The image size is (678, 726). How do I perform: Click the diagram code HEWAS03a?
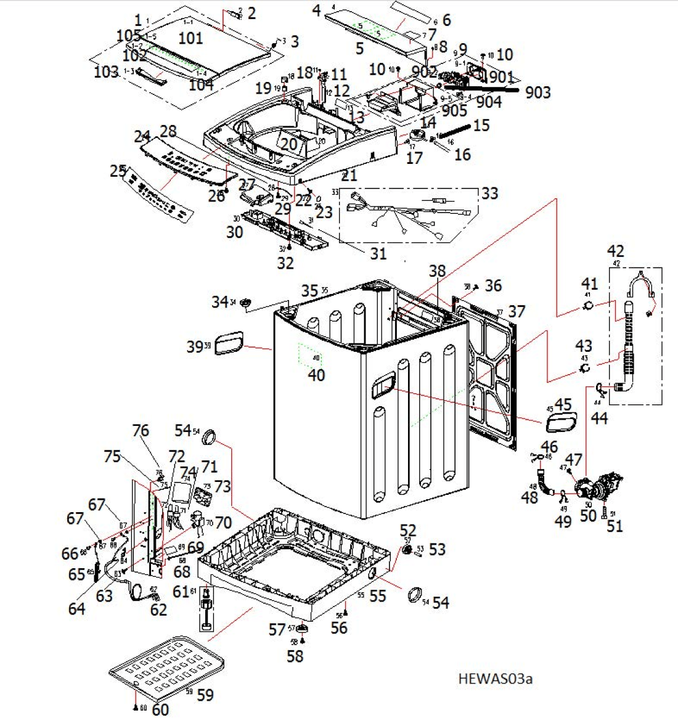click(x=495, y=679)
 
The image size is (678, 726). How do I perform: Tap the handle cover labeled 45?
click(x=560, y=423)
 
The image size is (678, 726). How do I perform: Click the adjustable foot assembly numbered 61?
click(x=206, y=610)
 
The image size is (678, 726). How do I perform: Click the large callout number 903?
click(x=538, y=92)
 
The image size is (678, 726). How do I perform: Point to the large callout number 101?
click(x=190, y=38)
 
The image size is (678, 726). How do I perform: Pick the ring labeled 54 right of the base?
click(x=416, y=595)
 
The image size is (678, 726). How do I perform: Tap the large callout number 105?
click(x=129, y=36)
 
